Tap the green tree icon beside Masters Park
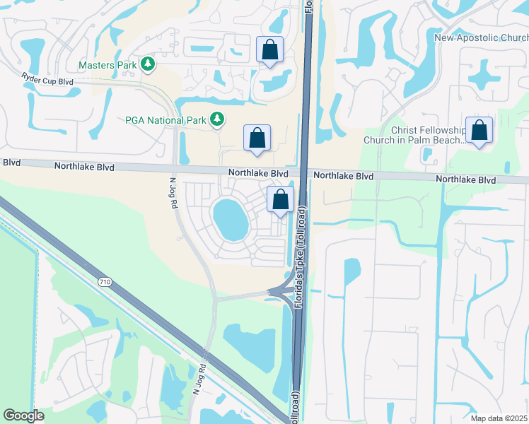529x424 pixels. (x=148, y=65)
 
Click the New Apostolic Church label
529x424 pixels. (x=481, y=38)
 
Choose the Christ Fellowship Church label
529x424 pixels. (x=414, y=135)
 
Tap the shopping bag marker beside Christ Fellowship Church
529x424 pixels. (x=479, y=130)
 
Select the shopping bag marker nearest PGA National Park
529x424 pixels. (x=257, y=137)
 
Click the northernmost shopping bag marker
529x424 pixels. (x=269, y=49)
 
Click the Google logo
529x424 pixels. (x=23, y=416)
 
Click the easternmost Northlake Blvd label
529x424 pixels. (x=466, y=180)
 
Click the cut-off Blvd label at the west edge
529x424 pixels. (x=11, y=163)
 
